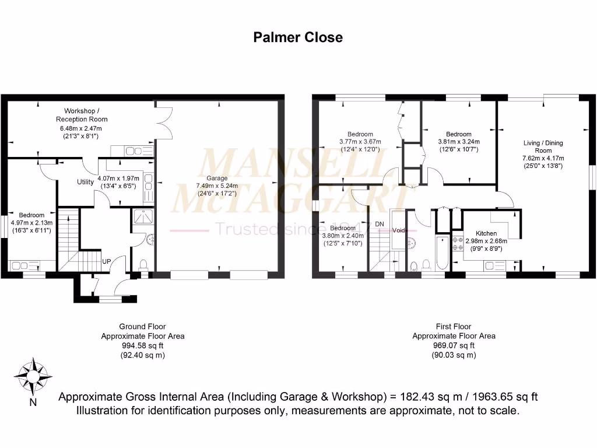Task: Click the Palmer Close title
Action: coord(297,37)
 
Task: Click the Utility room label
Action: coord(86,182)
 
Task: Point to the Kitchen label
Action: coord(486,233)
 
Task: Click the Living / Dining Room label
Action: coord(543,146)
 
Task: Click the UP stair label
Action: coord(107,261)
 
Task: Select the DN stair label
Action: coord(380,223)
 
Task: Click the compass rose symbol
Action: coord(33,376)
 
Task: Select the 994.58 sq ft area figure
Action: coord(142,346)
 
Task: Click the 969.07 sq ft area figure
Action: coord(454,346)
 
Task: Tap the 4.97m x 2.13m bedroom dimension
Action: coord(31,223)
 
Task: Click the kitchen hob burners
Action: coord(457,243)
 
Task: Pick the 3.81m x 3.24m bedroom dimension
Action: coord(458,142)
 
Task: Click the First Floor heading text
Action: coord(454,327)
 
